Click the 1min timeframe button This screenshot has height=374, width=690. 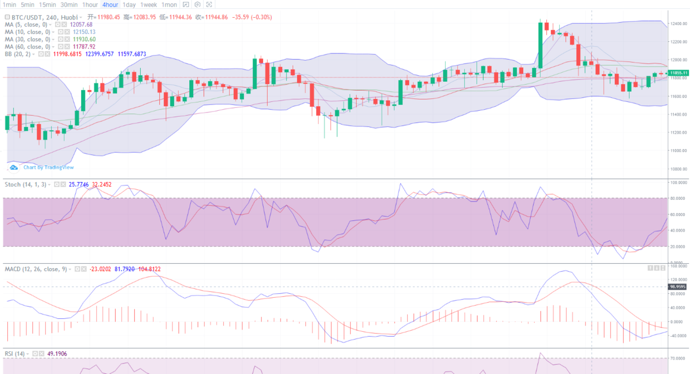tap(9, 4)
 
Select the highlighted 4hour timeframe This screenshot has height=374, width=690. tap(110, 4)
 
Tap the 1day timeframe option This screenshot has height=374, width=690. tap(129, 4)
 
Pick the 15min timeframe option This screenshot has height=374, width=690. tap(47, 4)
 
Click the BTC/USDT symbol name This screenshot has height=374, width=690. tap(27, 17)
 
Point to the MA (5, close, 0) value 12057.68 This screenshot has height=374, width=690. tap(82, 24)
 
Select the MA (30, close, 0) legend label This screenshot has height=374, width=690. tap(27, 39)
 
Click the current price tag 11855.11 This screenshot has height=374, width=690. tap(678, 73)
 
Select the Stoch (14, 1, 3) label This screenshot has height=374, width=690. tap(26, 184)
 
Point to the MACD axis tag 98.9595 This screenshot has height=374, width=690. tap(678, 287)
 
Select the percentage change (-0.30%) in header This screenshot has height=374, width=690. tap(261, 17)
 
